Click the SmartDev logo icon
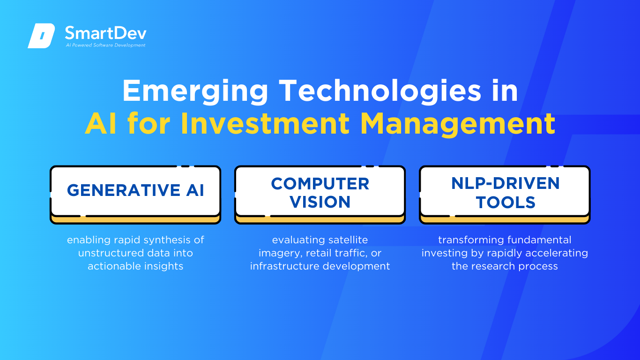(41, 36)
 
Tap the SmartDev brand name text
(106, 33)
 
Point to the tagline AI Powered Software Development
(106, 45)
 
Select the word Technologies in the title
(380, 90)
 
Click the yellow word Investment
(265, 124)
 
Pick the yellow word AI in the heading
(101, 124)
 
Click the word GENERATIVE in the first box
(124, 190)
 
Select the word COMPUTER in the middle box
(320, 184)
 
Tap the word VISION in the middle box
(320, 202)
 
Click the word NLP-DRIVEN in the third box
(505, 183)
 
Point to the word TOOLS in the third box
(505, 202)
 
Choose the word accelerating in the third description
(557, 253)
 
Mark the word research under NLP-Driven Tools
(493, 266)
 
